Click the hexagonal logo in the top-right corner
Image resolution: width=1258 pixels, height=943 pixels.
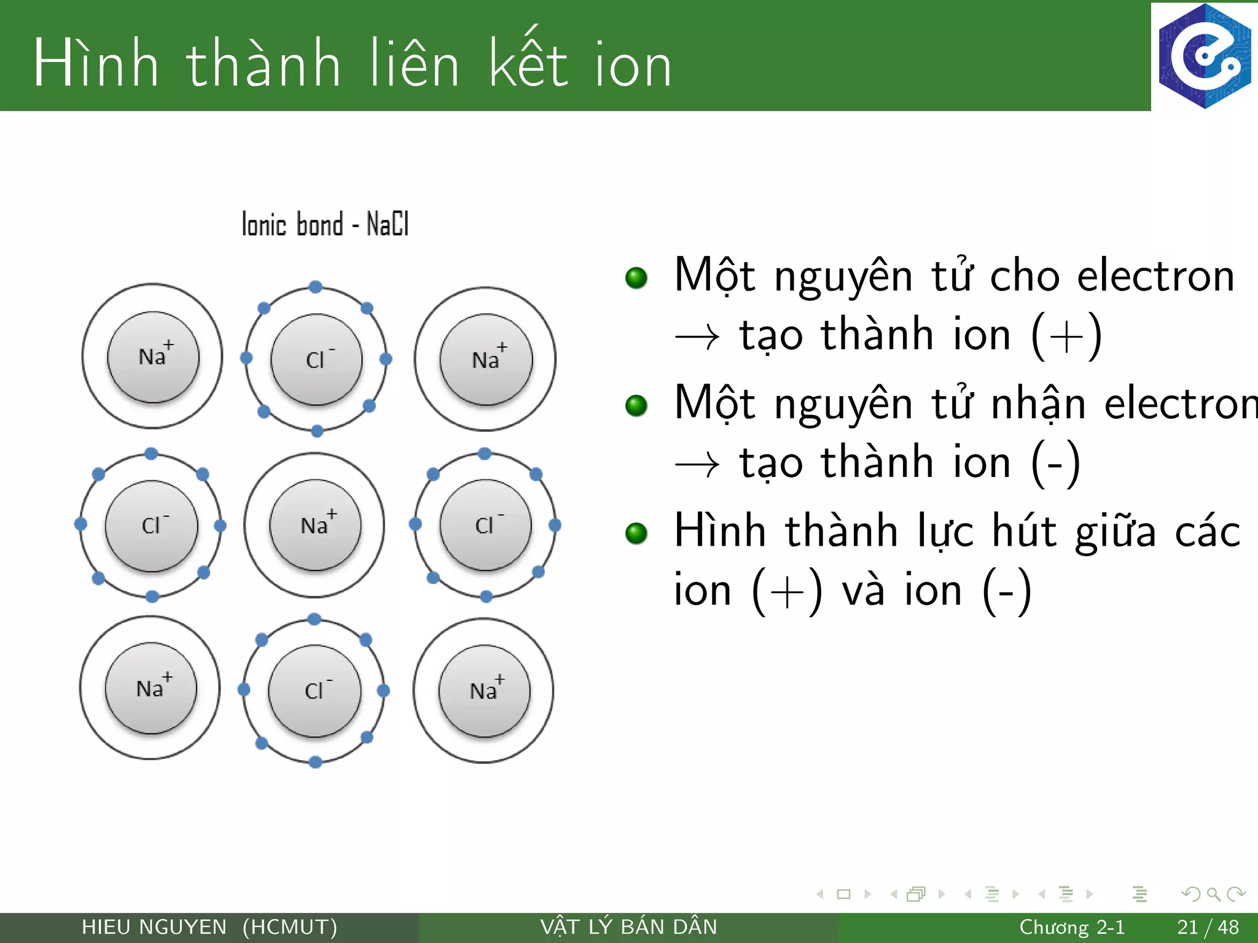[x=1204, y=56]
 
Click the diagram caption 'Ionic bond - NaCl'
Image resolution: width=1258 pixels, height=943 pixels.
[x=325, y=224]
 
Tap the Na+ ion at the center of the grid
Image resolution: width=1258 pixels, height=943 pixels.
[x=315, y=525]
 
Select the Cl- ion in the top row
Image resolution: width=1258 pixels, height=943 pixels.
[x=316, y=359]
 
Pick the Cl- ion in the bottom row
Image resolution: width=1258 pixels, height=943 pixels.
[x=314, y=691]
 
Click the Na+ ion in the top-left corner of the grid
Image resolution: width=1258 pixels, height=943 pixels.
[x=153, y=357]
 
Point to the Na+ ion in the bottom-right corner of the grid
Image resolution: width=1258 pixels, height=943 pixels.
[x=484, y=691]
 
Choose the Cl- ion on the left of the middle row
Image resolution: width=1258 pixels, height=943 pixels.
[x=152, y=526]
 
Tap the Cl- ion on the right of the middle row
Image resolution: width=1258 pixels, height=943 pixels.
[x=486, y=525]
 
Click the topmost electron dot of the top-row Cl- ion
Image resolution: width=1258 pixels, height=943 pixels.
[x=316, y=287]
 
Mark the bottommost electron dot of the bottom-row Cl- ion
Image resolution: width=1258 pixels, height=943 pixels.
[x=316, y=763]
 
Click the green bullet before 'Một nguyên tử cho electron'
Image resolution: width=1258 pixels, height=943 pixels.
[x=636, y=277]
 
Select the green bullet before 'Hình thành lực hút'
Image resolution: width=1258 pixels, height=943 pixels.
[x=636, y=533]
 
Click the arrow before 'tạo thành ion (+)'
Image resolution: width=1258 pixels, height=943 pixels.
[x=697, y=337]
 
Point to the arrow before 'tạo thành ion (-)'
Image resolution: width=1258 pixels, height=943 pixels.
[x=697, y=465]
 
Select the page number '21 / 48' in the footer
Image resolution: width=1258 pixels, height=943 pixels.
[x=1208, y=927]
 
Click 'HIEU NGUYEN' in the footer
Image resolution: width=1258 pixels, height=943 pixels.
[x=154, y=927]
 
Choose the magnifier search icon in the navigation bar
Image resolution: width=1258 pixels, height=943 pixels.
[x=1213, y=894]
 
